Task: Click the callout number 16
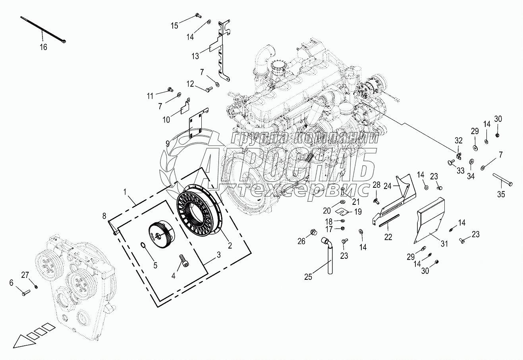pyautogui.click(x=43, y=47)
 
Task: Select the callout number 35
pyautogui.click(x=501, y=194)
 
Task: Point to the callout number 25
pyautogui.click(x=308, y=277)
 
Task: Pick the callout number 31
pyautogui.click(x=444, y=244)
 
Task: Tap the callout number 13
pyautogui.click(x=195, y=56)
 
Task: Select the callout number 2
pyautogui.click(x=230, y=245)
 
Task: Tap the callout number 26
pyautogui.click(x=301, y=241)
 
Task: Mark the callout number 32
pyautogui.click(x=459, y=141)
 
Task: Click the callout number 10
pyautogui.click(x=166, y=120)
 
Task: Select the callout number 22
pyautogui.click(x=388, y=237)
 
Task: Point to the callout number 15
pyautogui.click(x=174, y=25)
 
